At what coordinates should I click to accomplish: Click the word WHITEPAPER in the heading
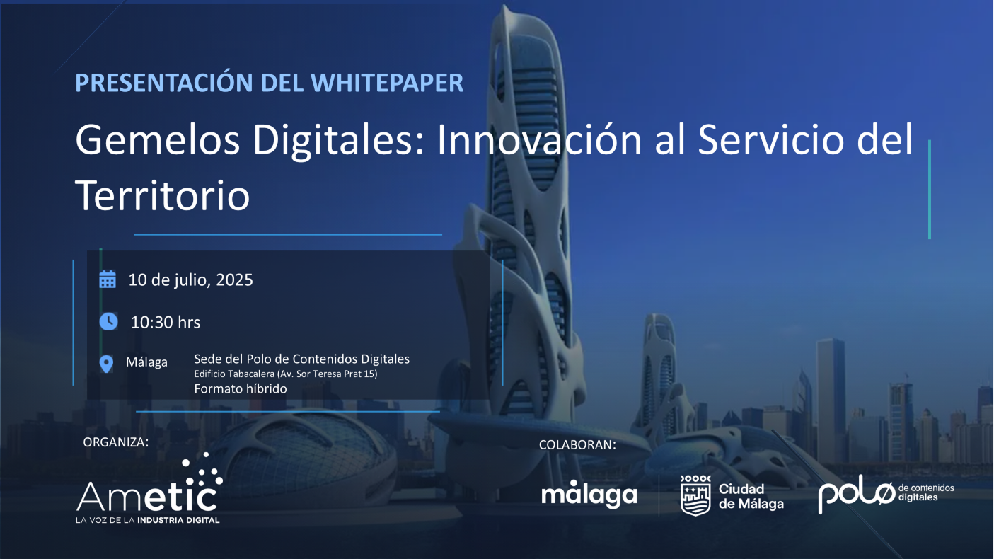click(387, 83)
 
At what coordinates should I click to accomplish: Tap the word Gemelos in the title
click(158, 140)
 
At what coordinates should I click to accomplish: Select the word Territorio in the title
click(163, 195)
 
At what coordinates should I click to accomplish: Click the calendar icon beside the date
click(108, 279)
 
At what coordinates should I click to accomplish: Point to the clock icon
click(108, 322)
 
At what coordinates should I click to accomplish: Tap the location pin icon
click(106, 364)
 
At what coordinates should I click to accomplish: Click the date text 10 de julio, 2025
click(190, 280)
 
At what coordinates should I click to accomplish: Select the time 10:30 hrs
click(166, 323)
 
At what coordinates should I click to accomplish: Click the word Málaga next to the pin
click(147, 362)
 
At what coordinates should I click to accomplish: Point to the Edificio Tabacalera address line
click(286, 374)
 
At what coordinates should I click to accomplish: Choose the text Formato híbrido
click(241, 389)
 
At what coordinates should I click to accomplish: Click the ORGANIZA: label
click(116, 442)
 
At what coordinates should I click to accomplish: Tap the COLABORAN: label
click(577, 445)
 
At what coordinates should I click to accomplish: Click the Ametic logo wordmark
click(149, 488)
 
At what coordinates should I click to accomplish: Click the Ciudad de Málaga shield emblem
click(695, 495)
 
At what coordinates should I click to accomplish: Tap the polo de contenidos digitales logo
click(886, 494)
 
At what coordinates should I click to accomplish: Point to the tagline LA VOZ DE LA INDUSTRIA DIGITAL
click(148, 520)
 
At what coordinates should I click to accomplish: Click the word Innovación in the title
click(539, 140)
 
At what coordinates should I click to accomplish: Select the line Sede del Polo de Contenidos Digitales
click(302, 359)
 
